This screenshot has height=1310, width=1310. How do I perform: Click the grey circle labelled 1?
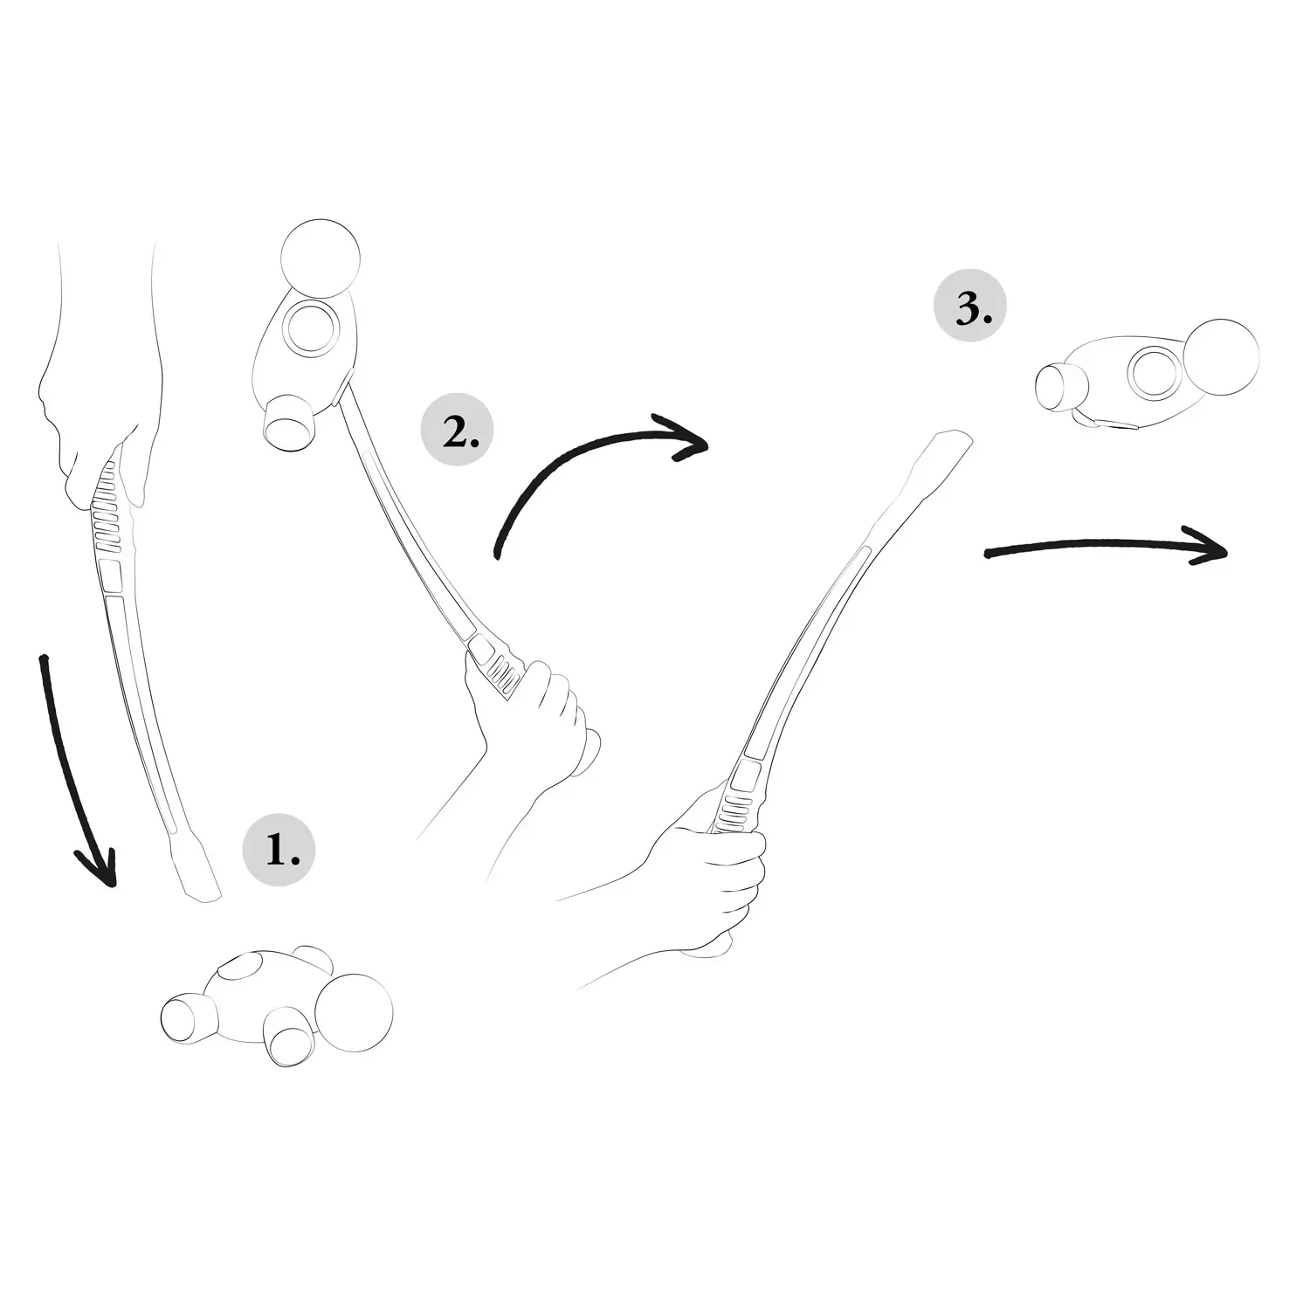coord(278,849)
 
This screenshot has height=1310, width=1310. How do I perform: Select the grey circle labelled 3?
coord(970,308)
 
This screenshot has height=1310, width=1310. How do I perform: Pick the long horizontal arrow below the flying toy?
coord(1106,545)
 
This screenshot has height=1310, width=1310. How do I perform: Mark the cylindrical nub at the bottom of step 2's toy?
coord(289,424)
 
